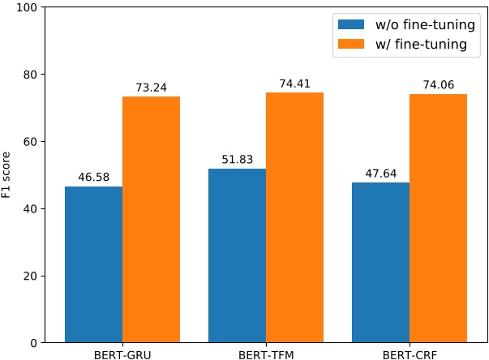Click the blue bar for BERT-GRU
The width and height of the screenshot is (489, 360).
(x=93, y=264)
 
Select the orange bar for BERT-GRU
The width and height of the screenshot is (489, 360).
(x=151, y=219)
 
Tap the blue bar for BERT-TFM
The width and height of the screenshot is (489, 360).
(x=237, y=255)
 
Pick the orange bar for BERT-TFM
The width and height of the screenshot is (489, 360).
(x=294, y=217)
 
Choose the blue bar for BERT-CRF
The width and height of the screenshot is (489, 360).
(x=380, y=263)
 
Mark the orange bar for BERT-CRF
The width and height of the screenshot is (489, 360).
(x=438, y=218)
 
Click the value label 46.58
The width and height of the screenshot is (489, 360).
(x=93, y=176)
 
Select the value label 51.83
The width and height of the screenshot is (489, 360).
(x=237, y=159)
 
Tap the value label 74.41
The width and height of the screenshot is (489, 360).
(x=294, y=83)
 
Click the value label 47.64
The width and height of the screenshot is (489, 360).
(x=380, y=173)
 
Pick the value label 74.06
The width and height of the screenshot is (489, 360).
(x=438, y=84)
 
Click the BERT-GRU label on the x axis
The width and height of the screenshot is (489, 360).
(x=122, y=354)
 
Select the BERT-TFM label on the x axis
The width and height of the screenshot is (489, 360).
(x=266, y=354)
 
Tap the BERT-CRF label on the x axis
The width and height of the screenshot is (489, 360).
(x=410, y=354)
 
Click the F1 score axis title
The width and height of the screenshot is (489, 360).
(x=8, y=175)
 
